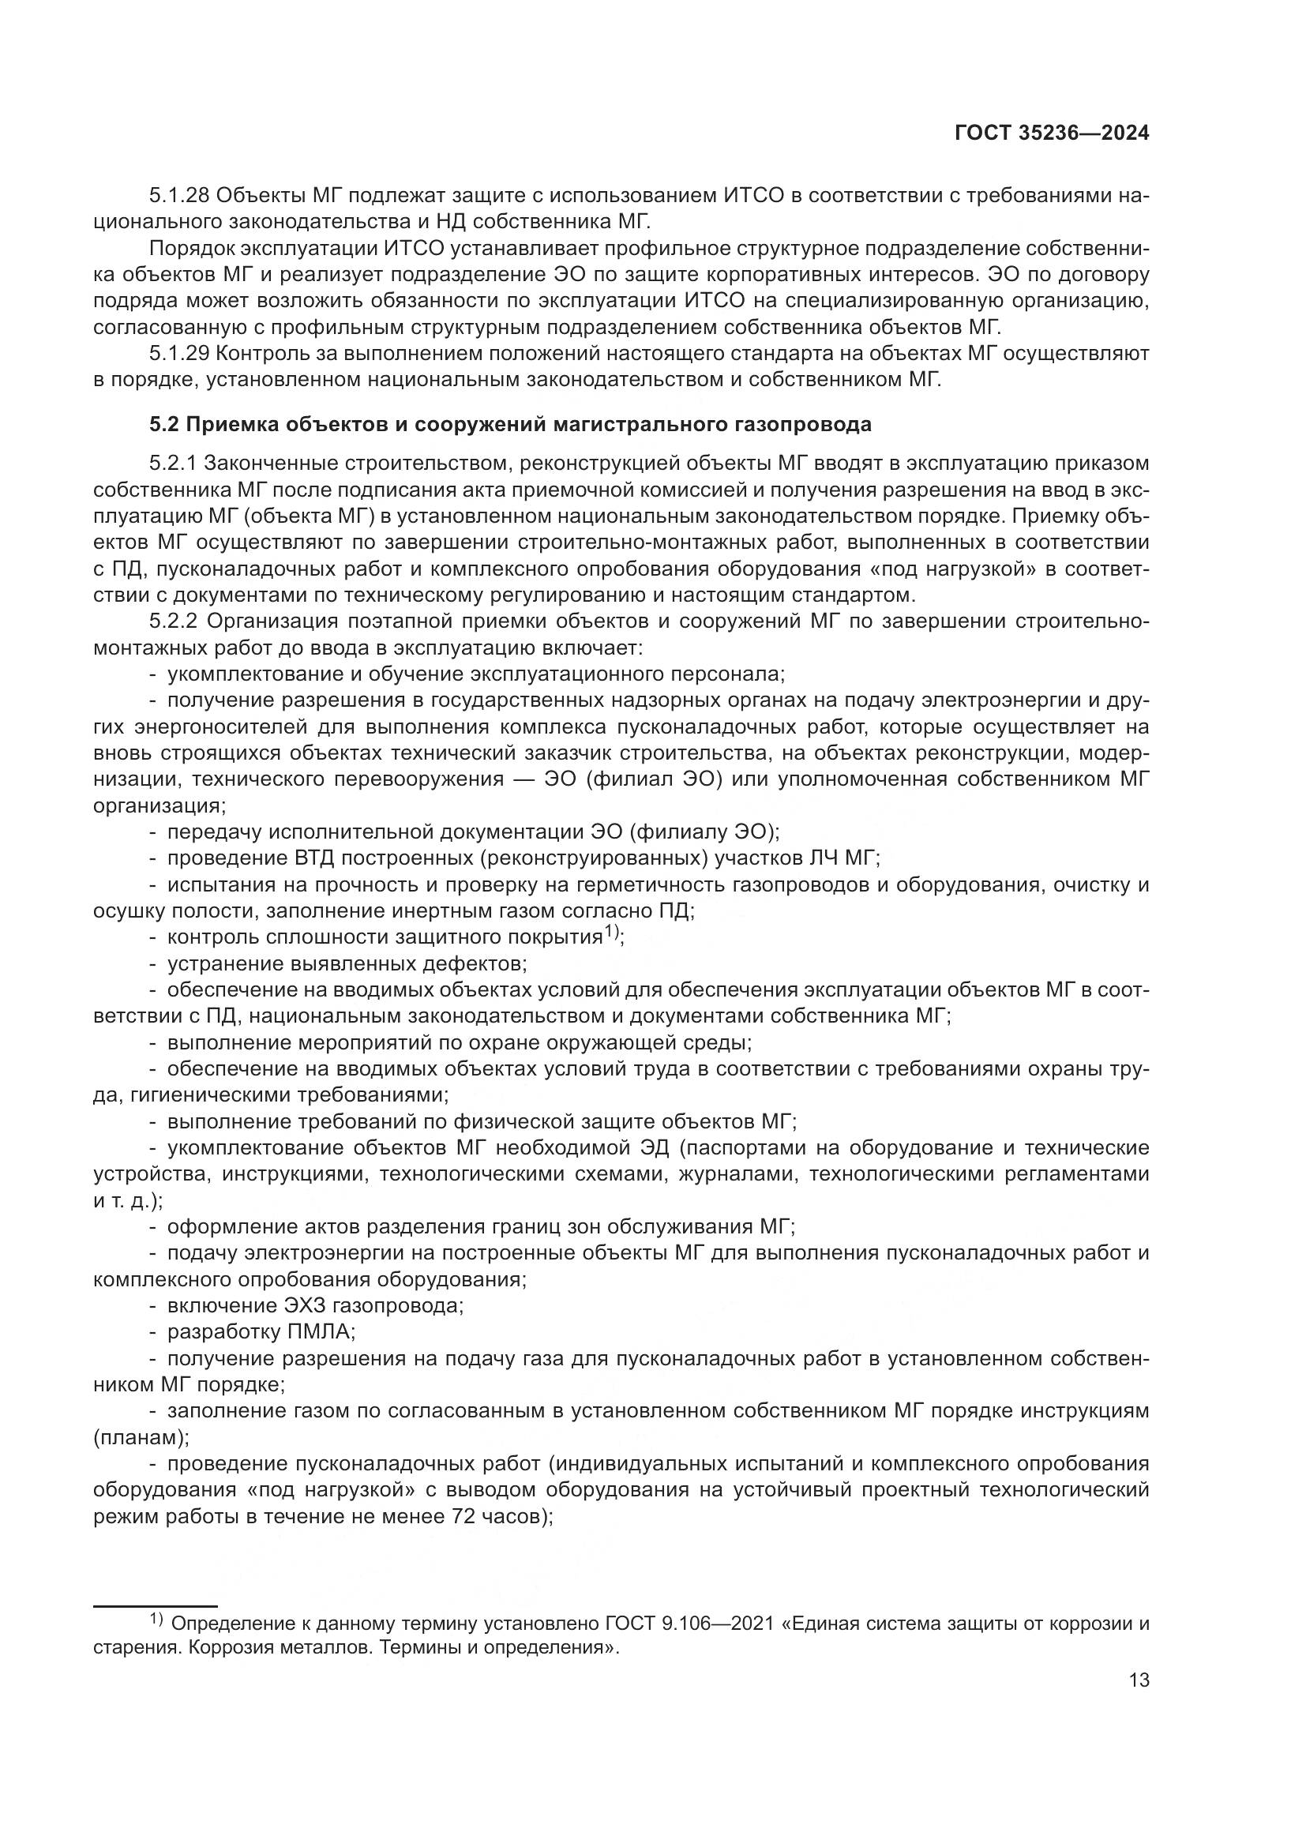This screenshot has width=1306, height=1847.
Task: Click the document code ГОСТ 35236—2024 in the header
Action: (1052, 133)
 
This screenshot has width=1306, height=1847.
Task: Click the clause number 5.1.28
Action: (178, 197)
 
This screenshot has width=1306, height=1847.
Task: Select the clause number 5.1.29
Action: (178, 354)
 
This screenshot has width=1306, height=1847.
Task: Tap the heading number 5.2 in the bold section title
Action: (163, 425)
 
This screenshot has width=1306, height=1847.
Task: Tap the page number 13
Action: (1139, 1680)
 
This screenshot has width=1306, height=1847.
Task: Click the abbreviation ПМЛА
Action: (321, 1332)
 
